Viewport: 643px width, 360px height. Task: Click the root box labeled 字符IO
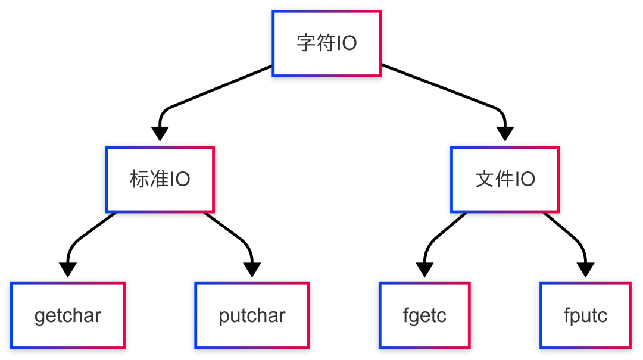(326, 43)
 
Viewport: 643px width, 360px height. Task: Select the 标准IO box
(160, 179)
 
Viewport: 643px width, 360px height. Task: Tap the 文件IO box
(505, 179)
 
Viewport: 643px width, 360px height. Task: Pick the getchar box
(67, 315)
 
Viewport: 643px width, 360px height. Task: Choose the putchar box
(252, 315)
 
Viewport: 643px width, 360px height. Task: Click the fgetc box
(424, 315)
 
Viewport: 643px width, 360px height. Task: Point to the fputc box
(585, 315)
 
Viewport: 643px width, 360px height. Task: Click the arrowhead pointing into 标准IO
(160, 133)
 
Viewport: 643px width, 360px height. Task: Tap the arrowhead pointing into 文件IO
(505, 133)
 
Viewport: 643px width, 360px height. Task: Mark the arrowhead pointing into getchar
(68, 270)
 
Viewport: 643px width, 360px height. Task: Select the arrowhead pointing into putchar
(252, 270)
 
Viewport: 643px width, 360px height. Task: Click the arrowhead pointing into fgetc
(424, 270)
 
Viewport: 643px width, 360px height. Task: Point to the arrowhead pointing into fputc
(585, 270)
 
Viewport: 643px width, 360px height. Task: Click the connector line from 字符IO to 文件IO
(441, 87)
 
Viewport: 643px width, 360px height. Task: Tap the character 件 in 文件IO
(504, 179)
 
